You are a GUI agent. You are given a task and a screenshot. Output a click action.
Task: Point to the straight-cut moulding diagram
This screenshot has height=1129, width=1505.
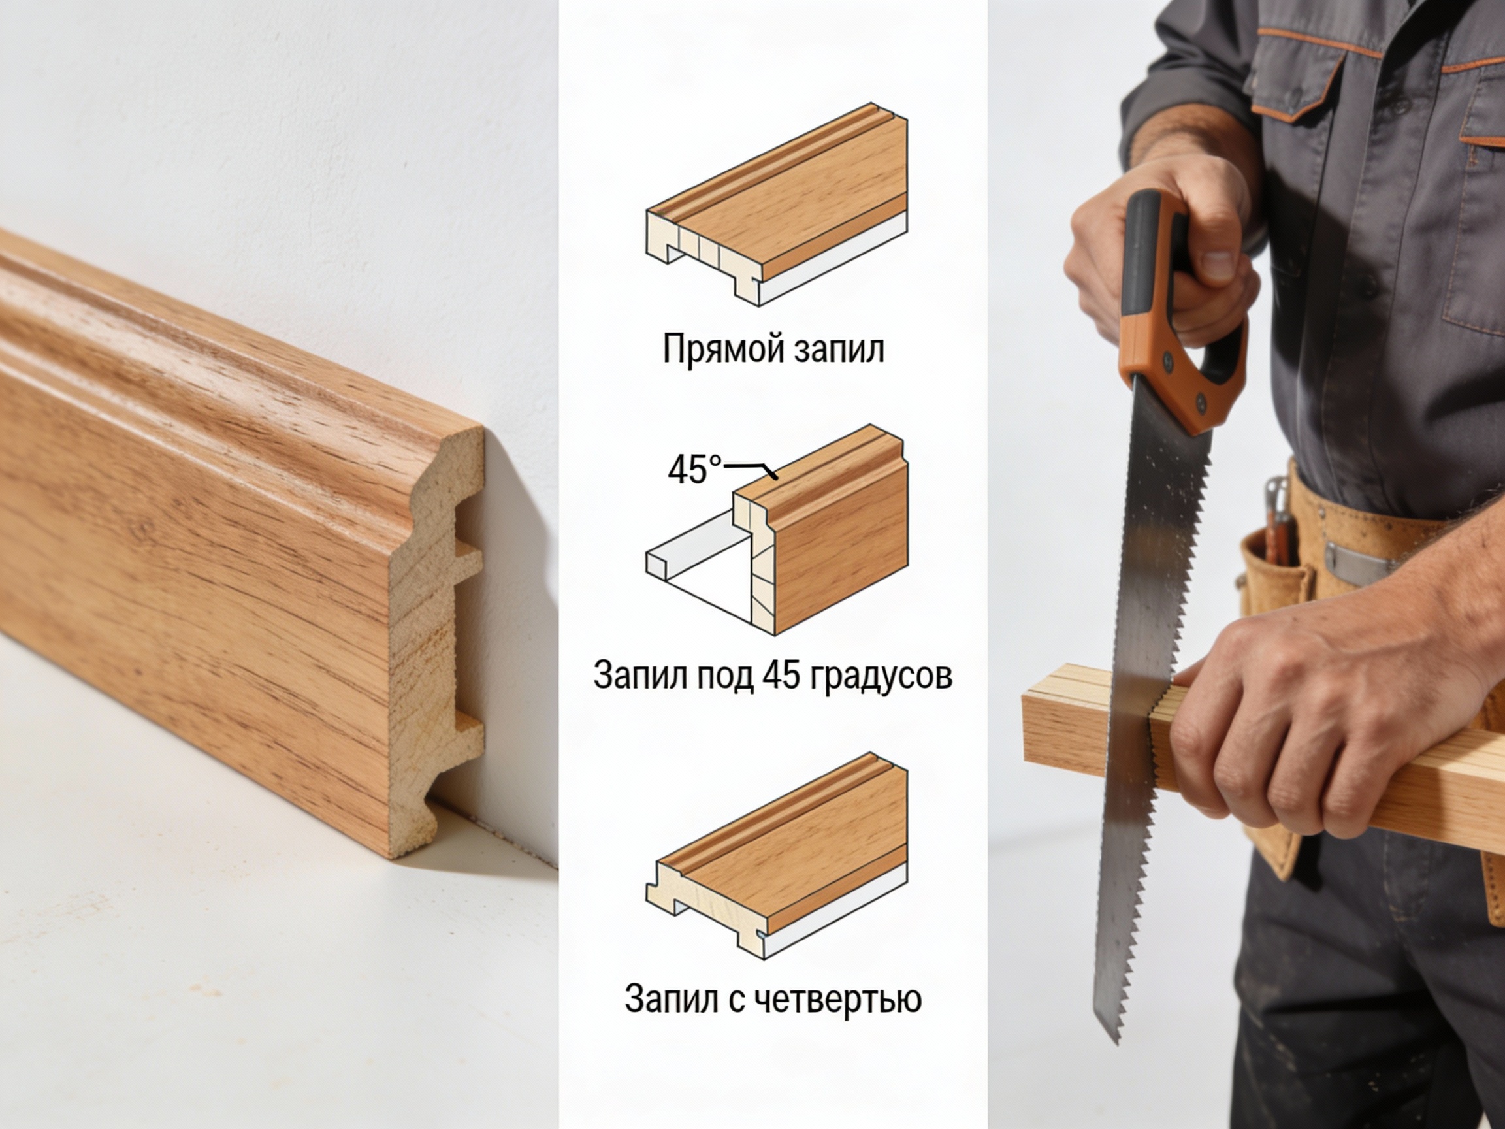tap(776, 204)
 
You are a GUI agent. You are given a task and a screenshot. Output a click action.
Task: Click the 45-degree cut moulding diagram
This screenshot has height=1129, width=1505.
tap(776, 530)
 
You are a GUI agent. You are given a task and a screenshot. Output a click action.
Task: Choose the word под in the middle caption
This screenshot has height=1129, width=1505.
tap(722, 676)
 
